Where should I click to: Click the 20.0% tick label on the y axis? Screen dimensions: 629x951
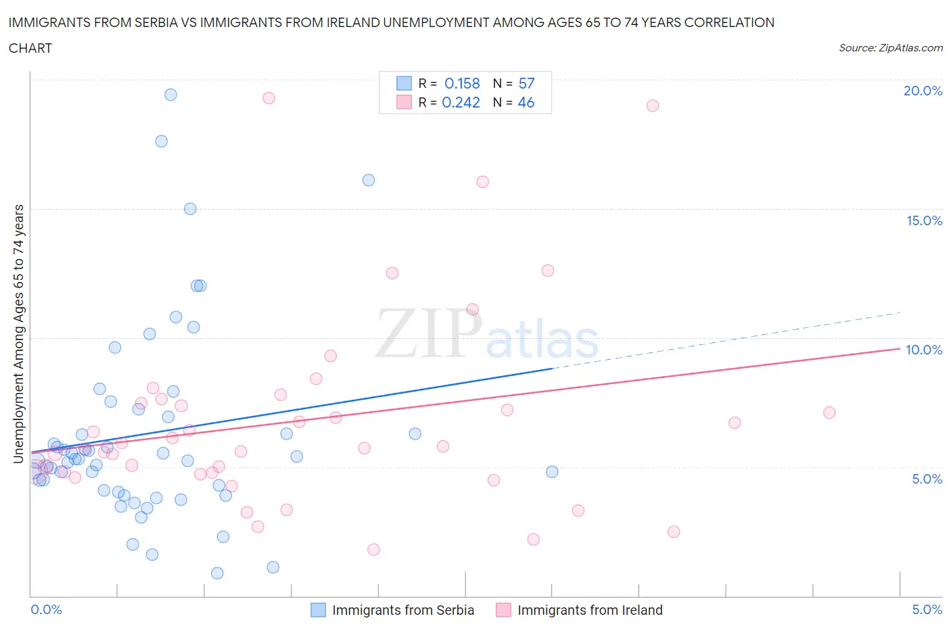(923, 91)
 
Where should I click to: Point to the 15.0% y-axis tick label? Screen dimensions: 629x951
(924, 220)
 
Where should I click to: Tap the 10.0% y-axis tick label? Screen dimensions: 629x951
(924, 350)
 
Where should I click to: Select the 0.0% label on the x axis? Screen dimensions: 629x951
(46, 609)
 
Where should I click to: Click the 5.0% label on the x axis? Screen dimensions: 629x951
(927, 609)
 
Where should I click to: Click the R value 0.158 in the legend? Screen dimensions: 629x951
(462, 83)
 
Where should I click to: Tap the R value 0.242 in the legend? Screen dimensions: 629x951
(461, 102)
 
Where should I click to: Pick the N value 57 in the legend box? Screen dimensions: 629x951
(526, 83)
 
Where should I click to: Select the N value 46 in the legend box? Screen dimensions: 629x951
(526, 102)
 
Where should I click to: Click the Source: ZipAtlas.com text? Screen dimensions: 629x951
(890, 48)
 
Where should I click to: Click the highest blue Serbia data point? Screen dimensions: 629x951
(170, 95)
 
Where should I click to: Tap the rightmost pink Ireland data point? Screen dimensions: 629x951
(829, 413)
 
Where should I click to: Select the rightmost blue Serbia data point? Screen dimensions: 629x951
(552, 471)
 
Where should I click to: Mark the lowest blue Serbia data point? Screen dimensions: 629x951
(217, 573)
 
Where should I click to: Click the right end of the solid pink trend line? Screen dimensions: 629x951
(899, 348)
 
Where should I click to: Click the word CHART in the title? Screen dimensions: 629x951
(30, 48)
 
